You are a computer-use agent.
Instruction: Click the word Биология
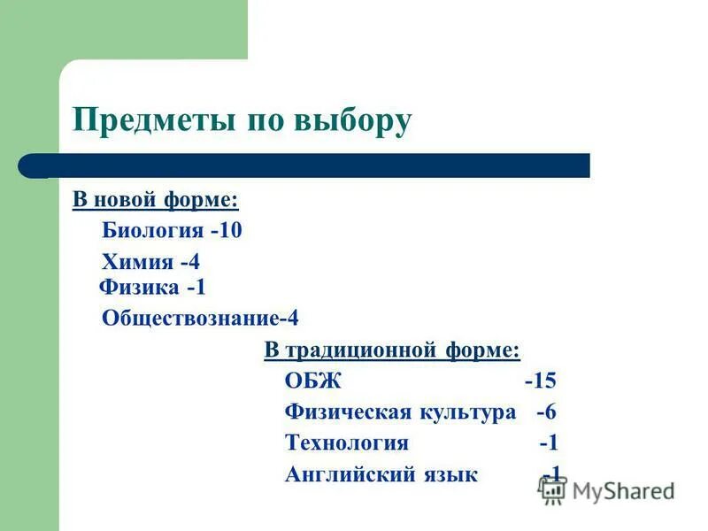coord(152,231)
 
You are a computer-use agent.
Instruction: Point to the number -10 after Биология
coord(227,231)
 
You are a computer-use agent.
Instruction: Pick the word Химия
coord(137,262)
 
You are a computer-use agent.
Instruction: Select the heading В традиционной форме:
coord(392,350)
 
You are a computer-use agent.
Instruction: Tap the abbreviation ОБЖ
coord(312,381)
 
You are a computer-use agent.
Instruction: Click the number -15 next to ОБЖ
coord(540,381)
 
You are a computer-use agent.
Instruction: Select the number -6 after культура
coord(546,412)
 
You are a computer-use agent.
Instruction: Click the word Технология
coord(347,442)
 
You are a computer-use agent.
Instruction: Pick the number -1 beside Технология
coord(549,442)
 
